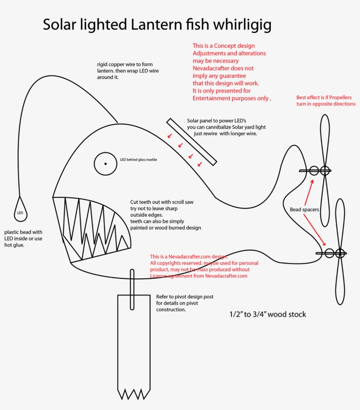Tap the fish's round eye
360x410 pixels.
(x=105, y=164)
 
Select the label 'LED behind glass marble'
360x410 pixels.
(x=138, y=160)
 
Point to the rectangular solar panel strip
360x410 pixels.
(x=191, y=142)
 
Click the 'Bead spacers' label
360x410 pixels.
(x=304, y=209)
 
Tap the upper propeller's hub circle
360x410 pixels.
(x=325, y=170)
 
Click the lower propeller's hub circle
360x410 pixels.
(x=340, y=253)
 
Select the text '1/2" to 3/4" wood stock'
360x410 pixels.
(x=267, y=314)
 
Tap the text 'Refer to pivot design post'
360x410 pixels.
(x=185, y=297)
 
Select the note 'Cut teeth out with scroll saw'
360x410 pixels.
(x=162, y=202)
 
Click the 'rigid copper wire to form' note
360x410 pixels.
(x=125, y=64)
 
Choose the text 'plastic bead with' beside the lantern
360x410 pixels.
(x=23, y=232)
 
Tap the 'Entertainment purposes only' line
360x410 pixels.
(x=230, y=98)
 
